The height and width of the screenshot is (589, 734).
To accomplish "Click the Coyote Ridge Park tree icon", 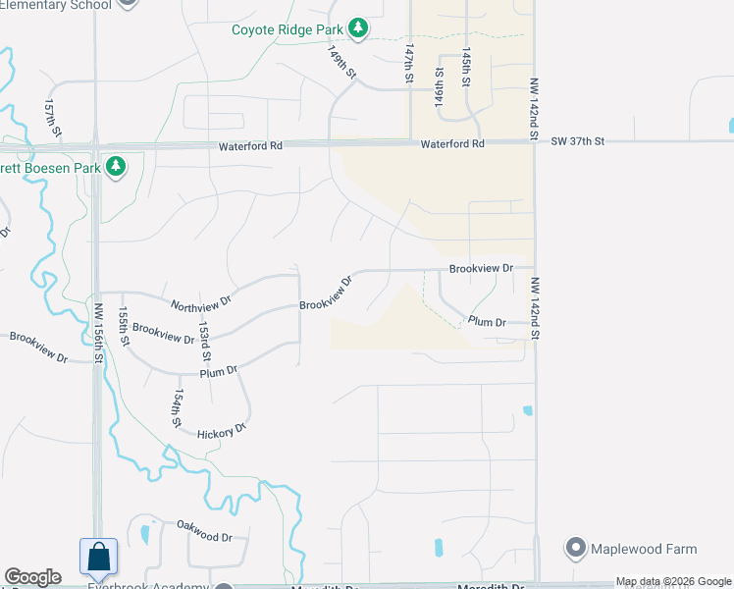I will click(x=359, y=29).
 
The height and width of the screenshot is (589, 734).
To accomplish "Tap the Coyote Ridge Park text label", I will click(x=288, y=29).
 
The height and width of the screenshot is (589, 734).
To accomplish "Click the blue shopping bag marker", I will click(x=99, y=557).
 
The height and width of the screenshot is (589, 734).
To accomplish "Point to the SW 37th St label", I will click(x=577, y=142).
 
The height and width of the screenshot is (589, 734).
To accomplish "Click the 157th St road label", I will click(x=53, y=117).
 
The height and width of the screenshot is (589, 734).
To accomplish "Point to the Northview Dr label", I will click(x=200, y=305).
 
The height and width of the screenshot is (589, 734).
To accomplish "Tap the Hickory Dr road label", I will click(x=221, y=431).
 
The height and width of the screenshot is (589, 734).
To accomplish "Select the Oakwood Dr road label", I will click(x=204, y=537).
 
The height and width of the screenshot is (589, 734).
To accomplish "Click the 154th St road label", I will click(x=178, y=407).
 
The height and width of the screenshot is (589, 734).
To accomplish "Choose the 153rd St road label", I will click(x=204, y=338).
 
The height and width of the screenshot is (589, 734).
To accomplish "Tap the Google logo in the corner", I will click(x=32, y=577).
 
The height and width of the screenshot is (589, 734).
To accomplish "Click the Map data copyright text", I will click(x=672, y=581).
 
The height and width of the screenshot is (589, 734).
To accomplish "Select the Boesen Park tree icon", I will click(x=117, y=167).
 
